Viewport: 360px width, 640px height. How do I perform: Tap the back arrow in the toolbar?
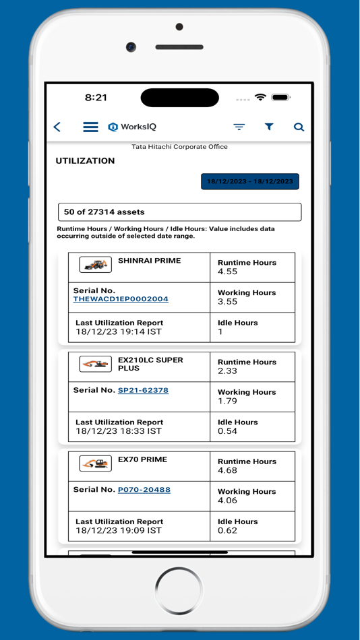click(x=57, y=127)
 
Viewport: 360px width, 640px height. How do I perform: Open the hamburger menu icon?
click(x=90, y=127)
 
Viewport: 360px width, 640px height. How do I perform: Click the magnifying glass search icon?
click(x=299, y=127)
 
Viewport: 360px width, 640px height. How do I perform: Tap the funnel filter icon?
click(x=269, y=127)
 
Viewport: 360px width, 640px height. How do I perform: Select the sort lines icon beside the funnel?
click(x=239, y=127)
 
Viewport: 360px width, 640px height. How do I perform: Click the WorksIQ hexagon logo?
click(x=113, y=127)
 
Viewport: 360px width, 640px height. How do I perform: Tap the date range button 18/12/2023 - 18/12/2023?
click(x=249, y=181)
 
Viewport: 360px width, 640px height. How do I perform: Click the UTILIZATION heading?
click(x=85, y=161)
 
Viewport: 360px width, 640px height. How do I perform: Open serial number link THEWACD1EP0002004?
click(x=121, y=299)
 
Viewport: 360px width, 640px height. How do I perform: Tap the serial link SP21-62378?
click(x=143, y=390)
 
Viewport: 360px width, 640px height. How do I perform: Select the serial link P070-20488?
click(x=144, y=490)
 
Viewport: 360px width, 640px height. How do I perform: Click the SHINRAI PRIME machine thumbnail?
click(x=95, y=265)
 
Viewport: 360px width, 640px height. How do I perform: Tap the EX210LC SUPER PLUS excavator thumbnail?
click(x=95, y=364)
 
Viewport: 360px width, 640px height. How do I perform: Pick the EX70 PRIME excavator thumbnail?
click(x=95, y=463)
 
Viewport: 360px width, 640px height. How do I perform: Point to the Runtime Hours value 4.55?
click(x=228, y=272)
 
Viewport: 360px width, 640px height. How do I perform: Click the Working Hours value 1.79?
click(x=228, y=402)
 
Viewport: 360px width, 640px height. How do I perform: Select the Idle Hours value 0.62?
click(x=228, y=531)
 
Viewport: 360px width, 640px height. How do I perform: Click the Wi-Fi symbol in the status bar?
click(x=260, y=98)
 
